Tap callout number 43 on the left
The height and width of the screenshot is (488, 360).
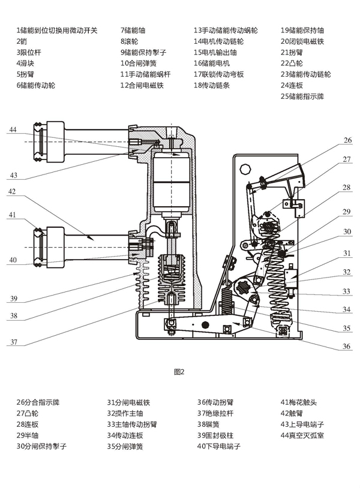pos(13,175)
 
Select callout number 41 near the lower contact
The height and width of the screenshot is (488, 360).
pos(13,214)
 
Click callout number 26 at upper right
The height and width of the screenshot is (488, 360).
pos(347,140)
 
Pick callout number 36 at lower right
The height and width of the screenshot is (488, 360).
pos(347,346)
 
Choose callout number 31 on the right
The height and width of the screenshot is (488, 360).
pos(347,254)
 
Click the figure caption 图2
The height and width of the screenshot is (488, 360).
pos(179,372)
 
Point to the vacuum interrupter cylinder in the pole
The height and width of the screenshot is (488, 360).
pos(172,180)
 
